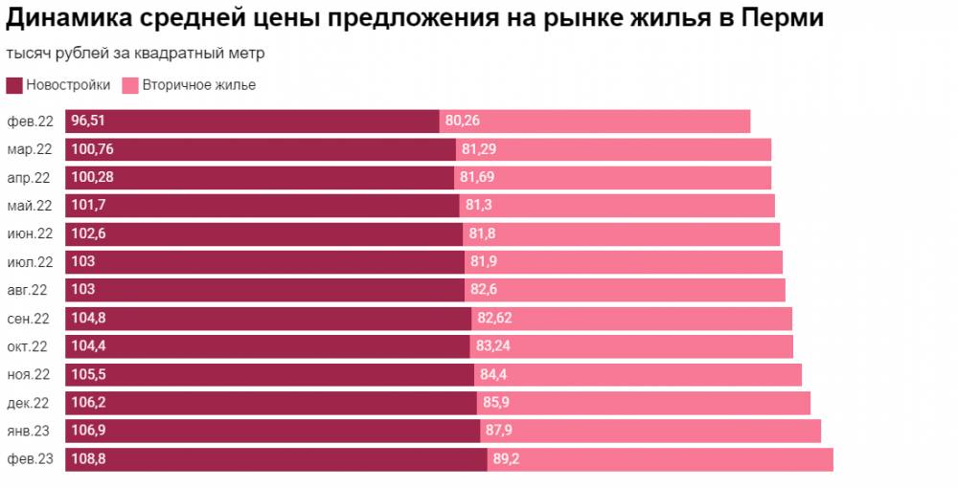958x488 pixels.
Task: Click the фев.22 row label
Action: tap(31, 122)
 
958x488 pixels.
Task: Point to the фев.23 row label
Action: tap(31, 459)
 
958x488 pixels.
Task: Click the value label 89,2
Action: tap(506, 459)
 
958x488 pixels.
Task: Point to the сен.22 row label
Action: tap(31, 319)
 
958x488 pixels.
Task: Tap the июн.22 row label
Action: tap(31, 234)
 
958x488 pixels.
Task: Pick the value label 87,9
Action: tap(500, 431)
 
